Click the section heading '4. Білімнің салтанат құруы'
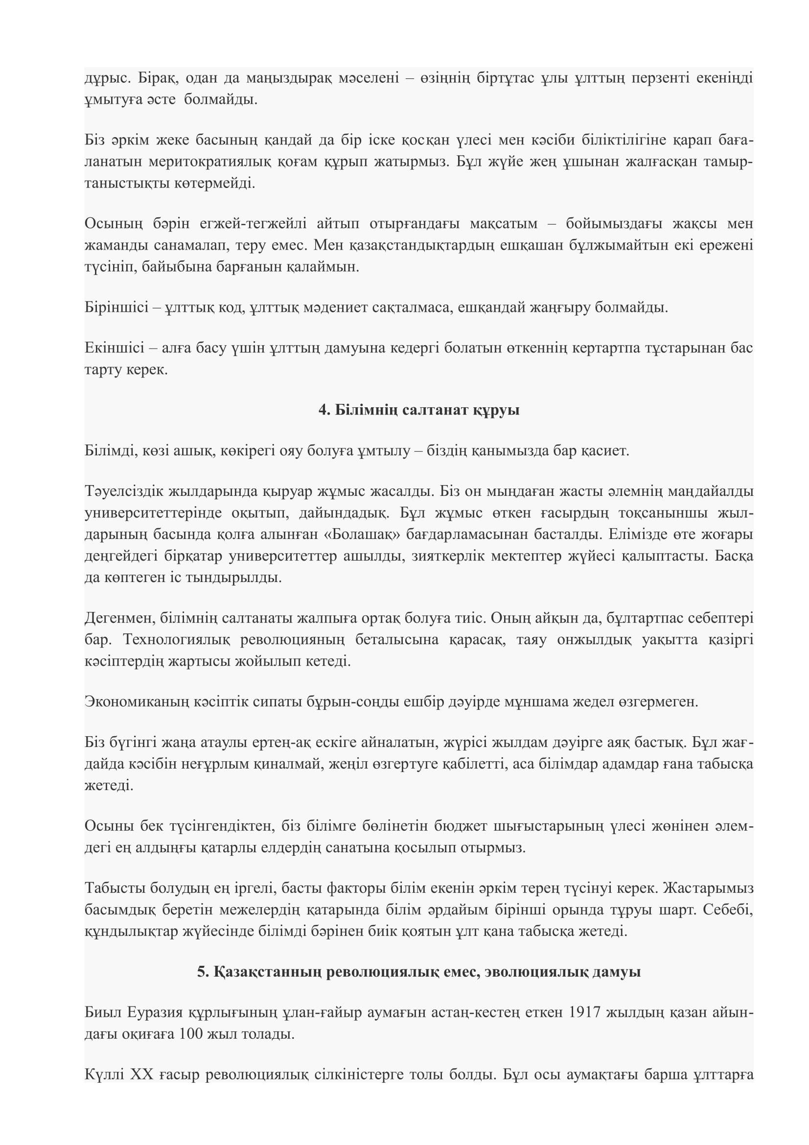click(419, 410)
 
